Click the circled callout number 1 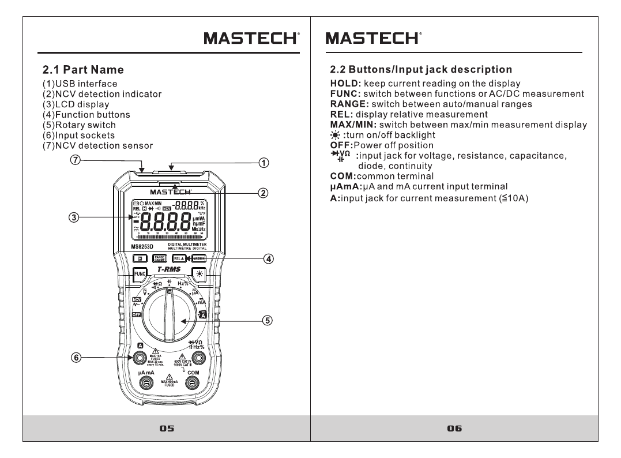262,163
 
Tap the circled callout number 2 262,193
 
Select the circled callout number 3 74,217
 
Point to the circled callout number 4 269,258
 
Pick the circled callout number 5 267,320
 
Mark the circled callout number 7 74,160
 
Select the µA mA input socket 146,384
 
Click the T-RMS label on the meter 169,269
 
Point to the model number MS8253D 142,246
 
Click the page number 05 167,428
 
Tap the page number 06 454,428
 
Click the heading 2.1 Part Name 84,70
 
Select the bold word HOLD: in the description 345,84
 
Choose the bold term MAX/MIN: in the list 353,125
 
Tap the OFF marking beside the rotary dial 137,314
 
